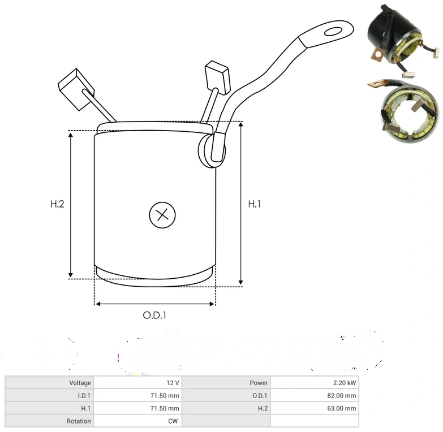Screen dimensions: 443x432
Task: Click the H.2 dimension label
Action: [x=57, y=204]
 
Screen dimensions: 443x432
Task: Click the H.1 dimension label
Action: [x=254, y=204]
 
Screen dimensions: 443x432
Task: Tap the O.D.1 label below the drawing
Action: [x=154, y=315]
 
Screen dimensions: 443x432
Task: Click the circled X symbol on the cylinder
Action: [x=162, y=215]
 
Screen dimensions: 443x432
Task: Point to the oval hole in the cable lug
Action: [x=333, y=31]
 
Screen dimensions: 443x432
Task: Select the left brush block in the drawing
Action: [x=76, y=89]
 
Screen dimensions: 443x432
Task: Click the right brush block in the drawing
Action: [x=217, y=77]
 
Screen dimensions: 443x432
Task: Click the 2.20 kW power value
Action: [x=345, y=383]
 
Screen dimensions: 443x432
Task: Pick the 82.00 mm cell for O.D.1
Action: [x=342, y=396]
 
